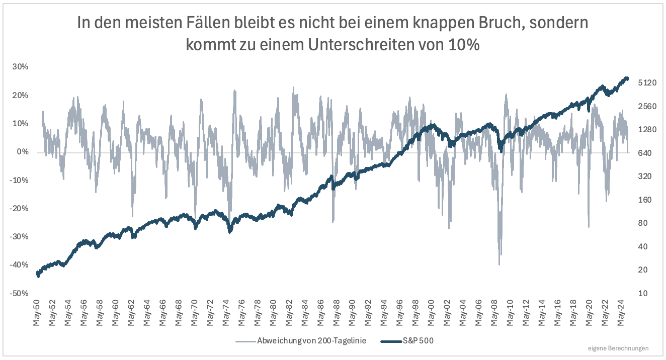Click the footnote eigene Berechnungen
click(618, 348)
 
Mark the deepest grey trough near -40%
click(499, 264)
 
